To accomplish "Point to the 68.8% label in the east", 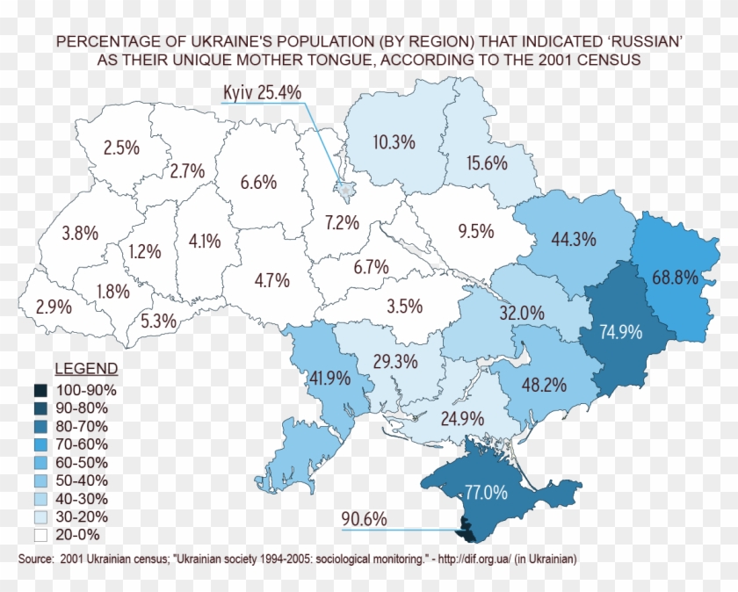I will point(675,278).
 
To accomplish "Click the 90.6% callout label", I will point(365,519).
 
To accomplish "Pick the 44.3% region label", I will point(574,239).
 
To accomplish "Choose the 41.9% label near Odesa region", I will point(330,379).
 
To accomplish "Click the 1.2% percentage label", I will point(144,251).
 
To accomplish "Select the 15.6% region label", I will point(487,162).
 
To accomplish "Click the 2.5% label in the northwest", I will point(121,148).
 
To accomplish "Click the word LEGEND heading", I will point(86,368).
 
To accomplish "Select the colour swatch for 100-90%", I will point(41,390).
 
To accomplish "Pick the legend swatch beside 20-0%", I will point(41,534).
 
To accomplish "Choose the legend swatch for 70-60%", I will point(41,444).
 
